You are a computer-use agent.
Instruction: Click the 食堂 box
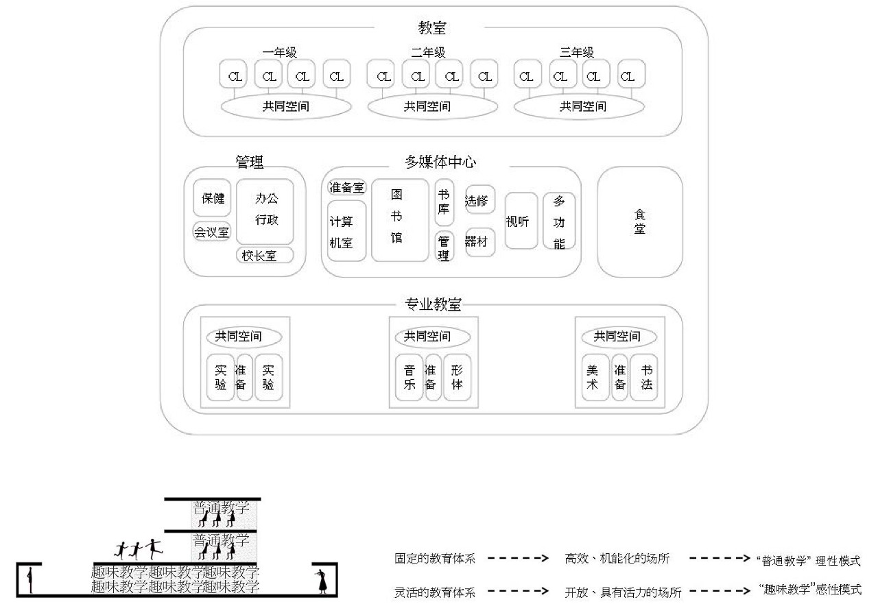[x=639, y=222]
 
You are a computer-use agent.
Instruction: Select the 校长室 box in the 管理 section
[x=265, y=256]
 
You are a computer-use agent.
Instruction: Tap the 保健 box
[x=212, y=199]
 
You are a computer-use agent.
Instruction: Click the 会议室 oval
[x=211, y=232]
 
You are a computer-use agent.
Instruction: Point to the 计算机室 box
[x=346, y=231]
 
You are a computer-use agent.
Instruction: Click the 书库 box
[x=444, y=202]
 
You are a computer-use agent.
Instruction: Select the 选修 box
[x=479, y=200]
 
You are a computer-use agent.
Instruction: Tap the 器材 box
[x=479, y=242]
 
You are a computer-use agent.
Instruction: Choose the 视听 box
[x=521, y=221]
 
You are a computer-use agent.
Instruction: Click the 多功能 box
[x=559, y=221]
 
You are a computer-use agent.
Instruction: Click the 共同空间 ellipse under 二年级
[x=432, y=106]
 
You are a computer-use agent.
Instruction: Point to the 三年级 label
[x=577, y=52]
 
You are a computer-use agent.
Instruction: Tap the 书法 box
[x=646, y=377]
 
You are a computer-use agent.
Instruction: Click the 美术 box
[x=594, y=377]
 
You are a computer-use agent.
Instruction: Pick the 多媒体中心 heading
[x=440, y=162]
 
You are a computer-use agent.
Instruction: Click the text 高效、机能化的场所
[x=617, y=559]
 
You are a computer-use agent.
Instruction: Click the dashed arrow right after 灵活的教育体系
[x=519, y=590]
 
